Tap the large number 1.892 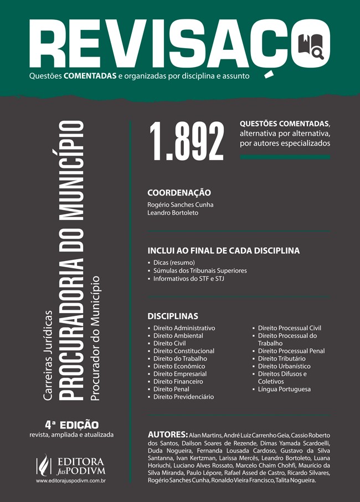tap(187, 140)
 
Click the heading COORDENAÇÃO tap(179, 193)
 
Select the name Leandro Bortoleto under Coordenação tap(172, 213)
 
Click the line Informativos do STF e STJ tap(189, 278)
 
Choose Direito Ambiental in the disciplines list tap(178, 336)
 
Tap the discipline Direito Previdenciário tap(183, 397)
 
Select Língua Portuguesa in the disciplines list tap(284, 389)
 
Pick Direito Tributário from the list tap(281, 358)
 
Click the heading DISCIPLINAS tap(173, 316)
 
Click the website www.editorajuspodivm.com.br tap(71, 481)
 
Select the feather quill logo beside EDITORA tap(42, 464)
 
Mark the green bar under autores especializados tap(285, 157)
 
